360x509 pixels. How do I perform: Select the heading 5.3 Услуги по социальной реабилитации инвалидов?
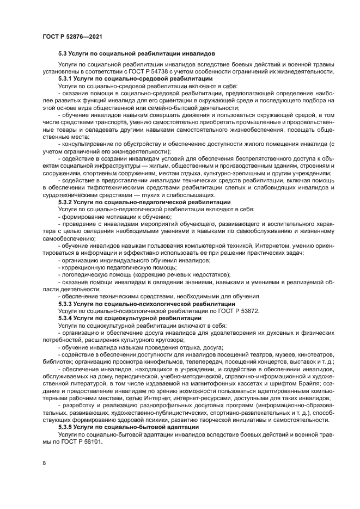tap(137, 54)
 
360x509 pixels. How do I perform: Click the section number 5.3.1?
tap(65, 79)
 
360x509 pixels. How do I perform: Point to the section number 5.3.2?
tap(65, 202)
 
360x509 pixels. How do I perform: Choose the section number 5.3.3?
tap(65, 303)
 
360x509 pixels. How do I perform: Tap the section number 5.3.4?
tap(65, 317)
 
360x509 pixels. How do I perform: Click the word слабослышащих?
tap(190, 195)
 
